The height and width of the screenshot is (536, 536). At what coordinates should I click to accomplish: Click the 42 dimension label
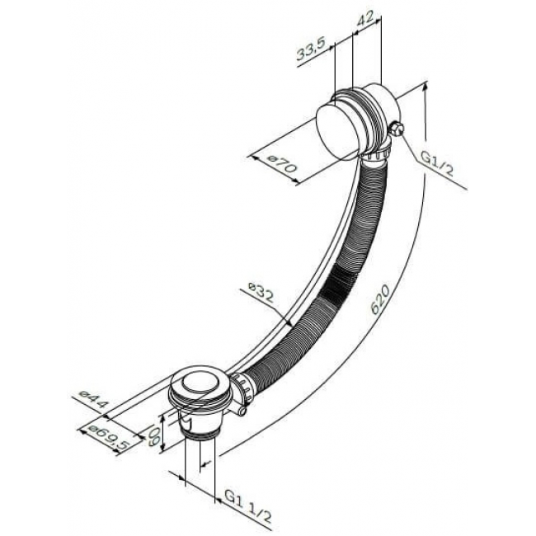pos(364,20)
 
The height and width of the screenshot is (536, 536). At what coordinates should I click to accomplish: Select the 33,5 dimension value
pos(311,52)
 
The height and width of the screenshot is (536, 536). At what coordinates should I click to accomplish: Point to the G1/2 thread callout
pos(436,164)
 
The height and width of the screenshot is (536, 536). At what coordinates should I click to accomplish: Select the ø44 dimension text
pos(93,399)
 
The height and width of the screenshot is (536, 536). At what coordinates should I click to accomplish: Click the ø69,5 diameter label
pos(108,437)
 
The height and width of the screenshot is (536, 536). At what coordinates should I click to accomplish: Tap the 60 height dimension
pos(153,434)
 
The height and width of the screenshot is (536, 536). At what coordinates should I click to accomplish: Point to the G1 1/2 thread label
pos(248,510)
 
